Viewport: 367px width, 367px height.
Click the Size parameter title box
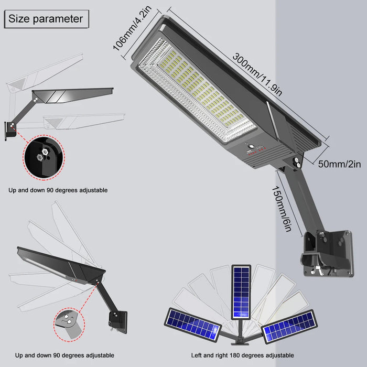click(47, 19)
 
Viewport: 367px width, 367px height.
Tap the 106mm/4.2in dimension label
click(132, 28)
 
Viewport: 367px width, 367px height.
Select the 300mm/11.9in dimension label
click(257, 74)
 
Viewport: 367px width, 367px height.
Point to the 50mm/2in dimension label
click(339, 164)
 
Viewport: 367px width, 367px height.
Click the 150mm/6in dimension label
click(282, 209)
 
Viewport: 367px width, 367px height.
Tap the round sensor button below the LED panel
click(252, 147)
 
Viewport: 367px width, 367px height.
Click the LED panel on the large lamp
click(197, 90)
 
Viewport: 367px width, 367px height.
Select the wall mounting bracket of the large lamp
click(328, 253)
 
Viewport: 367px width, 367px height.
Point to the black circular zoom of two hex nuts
click(44, 157)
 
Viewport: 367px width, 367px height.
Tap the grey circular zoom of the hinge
click(69, 325)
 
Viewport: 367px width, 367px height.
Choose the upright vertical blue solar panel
click(241, 292)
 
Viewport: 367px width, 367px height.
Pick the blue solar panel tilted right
click(289, 326)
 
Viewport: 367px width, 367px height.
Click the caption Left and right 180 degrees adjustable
click(242, 355)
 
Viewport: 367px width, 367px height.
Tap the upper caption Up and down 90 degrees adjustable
click(58, 190)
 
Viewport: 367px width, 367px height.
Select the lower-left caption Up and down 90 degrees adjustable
click(64, 355)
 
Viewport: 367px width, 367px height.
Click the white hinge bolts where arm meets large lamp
click(297, 163)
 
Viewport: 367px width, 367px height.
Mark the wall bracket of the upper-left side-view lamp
click(10, 131)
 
